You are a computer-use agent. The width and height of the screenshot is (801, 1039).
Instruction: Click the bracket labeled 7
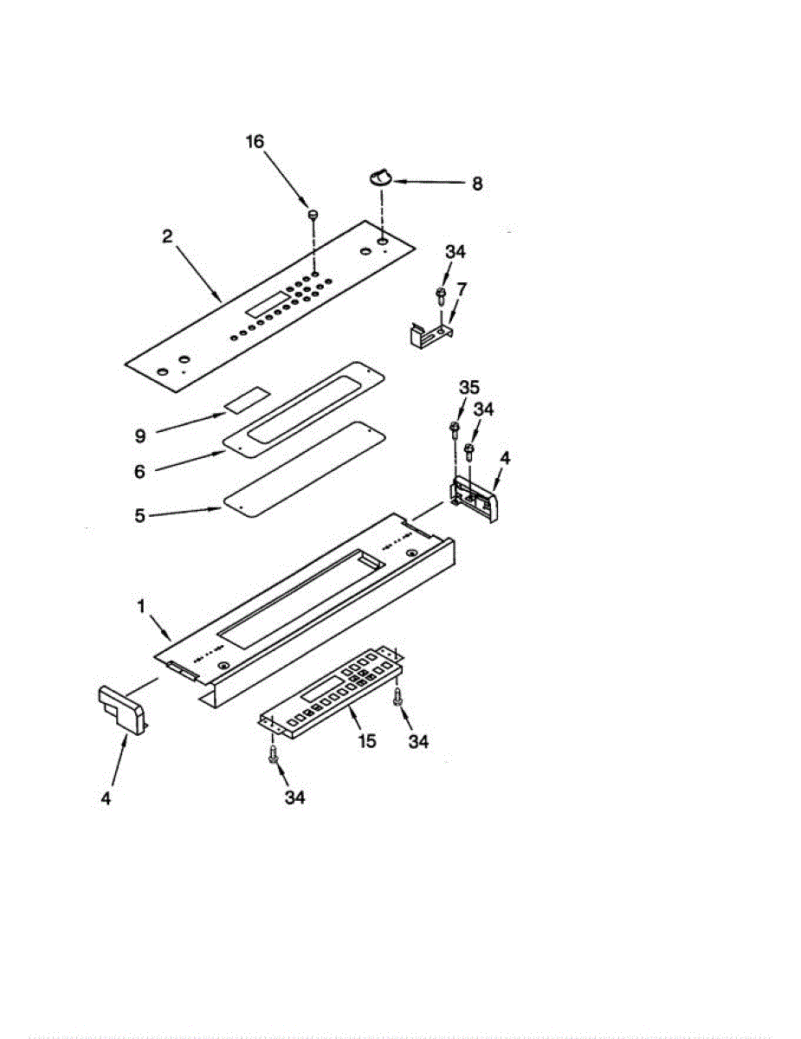(427, 333)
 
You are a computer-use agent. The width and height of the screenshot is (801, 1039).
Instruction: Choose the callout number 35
(468, 387)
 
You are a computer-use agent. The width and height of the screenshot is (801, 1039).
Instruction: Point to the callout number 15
(368, 741)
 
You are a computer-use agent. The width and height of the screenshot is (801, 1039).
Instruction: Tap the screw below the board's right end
(397, 695)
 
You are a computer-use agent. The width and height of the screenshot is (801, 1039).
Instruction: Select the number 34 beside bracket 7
(455, 252)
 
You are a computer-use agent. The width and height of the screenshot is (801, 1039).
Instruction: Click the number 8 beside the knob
(477, 184)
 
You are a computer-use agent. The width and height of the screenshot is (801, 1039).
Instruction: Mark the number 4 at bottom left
(105, 798)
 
